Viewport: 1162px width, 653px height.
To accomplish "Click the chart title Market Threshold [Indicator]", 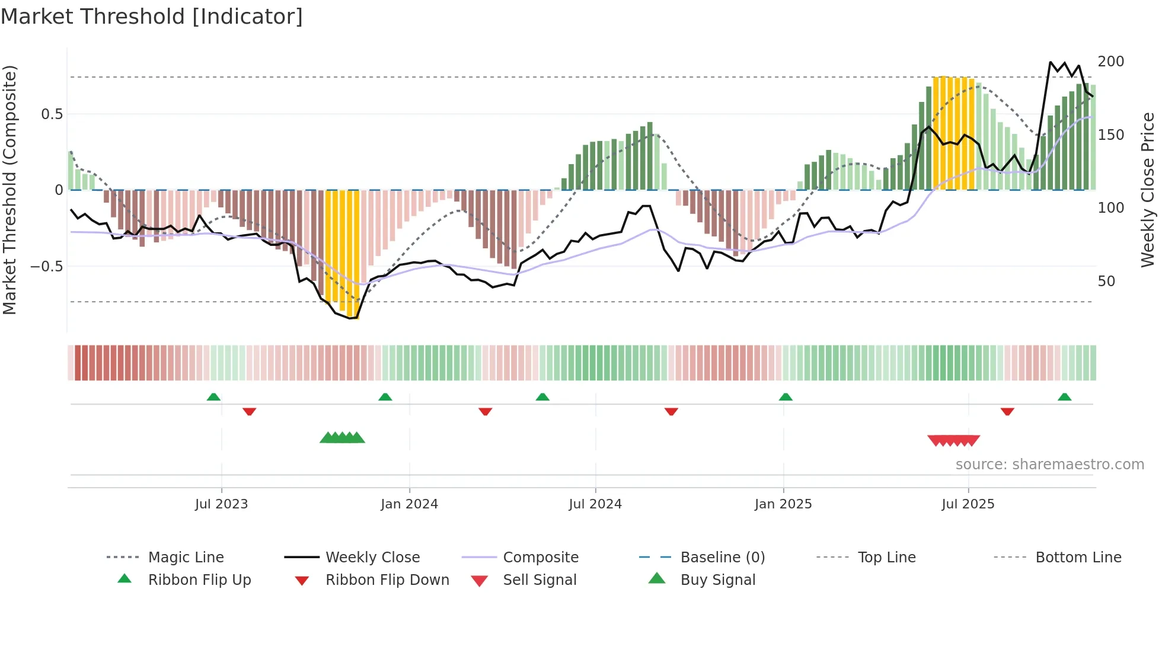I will click(x=152, y=17).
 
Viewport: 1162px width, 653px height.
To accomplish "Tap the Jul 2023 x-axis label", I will click(x=221, y=504).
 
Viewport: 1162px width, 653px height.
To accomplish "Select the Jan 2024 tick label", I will click(x=409, y=504).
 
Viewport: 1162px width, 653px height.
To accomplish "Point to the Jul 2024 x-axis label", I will click(x=595, y=504).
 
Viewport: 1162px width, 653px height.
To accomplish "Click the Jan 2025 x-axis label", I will click(x=783, y=504).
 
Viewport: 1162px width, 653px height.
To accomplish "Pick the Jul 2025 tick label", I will click(x=968, y=504).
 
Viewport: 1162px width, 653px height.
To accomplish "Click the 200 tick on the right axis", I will click(x=1110, y=62).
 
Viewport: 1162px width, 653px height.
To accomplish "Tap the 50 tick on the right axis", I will click(x=1106, y=281).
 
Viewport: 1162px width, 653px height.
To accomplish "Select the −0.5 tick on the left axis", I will click(x=47, y=267).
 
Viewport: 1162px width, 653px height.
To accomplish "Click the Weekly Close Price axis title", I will click(x=1148, y=190).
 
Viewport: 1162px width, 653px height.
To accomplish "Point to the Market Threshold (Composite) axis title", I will click(x=9, y=190).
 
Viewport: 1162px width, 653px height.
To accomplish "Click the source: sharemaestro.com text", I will click(x=1049, y=465).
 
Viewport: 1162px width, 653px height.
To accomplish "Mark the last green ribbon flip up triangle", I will click(x=1064, y=397).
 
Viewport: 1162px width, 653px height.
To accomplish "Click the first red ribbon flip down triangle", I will click(x=249, y=411).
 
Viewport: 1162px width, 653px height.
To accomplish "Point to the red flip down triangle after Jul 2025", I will click(x=1007, y=411).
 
